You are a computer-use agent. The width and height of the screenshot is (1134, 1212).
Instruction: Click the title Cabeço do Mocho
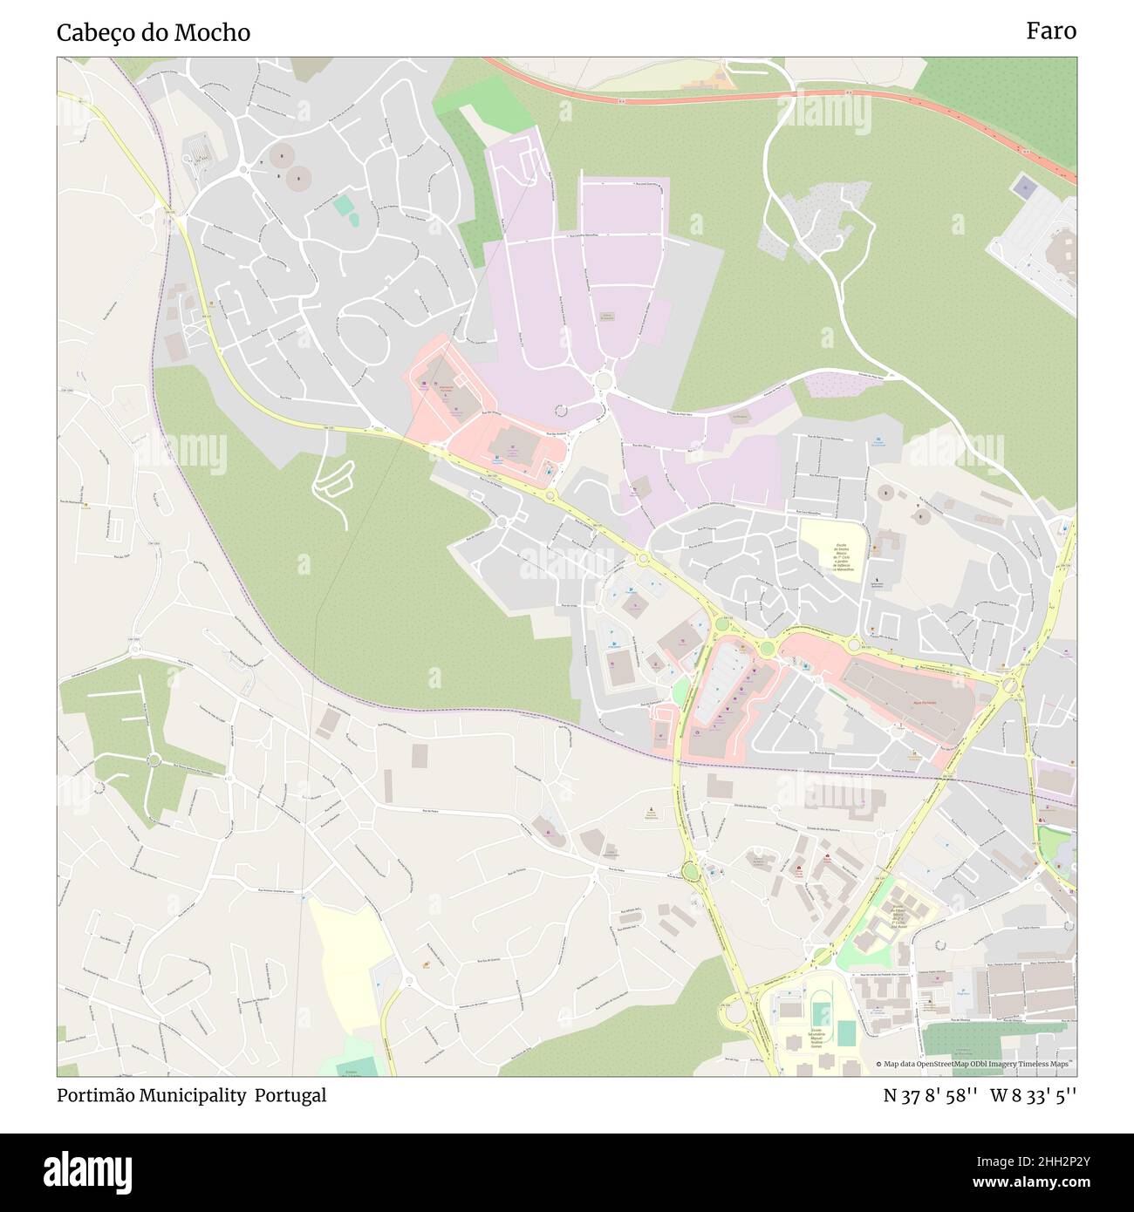pos(154,33)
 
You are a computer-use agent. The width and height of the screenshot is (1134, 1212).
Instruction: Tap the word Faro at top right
pos(1050,31)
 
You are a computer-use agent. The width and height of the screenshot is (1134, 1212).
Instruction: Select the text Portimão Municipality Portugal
pos(192,1095)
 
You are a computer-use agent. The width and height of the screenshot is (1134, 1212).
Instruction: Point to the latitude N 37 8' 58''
pos(929,1095)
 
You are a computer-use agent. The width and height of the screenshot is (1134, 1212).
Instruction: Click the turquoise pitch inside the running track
pos(821,1014)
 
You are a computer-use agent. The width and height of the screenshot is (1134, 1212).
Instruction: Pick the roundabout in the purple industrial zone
pos(602,381)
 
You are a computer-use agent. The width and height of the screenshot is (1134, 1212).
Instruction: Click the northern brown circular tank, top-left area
pos(283,157)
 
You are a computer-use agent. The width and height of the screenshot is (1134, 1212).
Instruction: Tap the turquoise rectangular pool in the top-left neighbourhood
pos(344,206)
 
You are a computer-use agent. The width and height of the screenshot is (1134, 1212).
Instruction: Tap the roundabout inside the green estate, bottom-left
pos(154,760)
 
